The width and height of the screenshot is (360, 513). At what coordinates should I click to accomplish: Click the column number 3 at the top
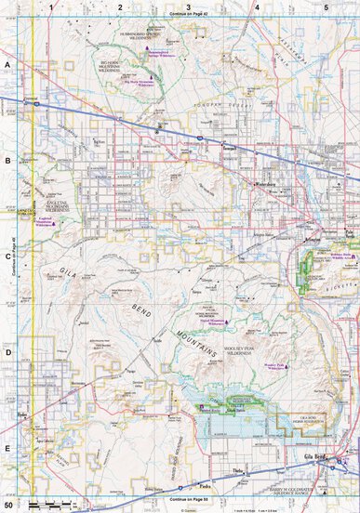[189, 7]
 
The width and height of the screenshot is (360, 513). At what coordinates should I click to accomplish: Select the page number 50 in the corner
[8, 505]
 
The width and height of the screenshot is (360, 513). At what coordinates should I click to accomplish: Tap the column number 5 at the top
[326, 7]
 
